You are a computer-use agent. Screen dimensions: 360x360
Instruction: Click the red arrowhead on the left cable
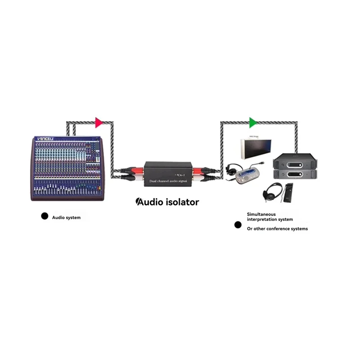[99, 122]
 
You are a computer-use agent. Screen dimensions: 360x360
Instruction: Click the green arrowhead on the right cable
[253, 122]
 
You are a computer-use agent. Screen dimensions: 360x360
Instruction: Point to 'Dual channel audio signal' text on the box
[168, 180]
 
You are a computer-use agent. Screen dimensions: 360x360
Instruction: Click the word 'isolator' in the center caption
[179, 202]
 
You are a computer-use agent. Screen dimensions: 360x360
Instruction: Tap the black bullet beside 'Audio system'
[45, 216]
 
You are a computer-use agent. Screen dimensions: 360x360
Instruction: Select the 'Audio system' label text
[67, 218]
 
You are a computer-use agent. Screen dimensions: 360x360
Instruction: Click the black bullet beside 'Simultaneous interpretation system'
[238, 225]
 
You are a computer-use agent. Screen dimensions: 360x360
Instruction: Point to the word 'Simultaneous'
[261, 214]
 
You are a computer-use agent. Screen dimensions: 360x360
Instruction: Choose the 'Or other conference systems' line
[277, 229]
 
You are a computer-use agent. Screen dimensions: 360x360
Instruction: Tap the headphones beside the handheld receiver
[272, 191]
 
